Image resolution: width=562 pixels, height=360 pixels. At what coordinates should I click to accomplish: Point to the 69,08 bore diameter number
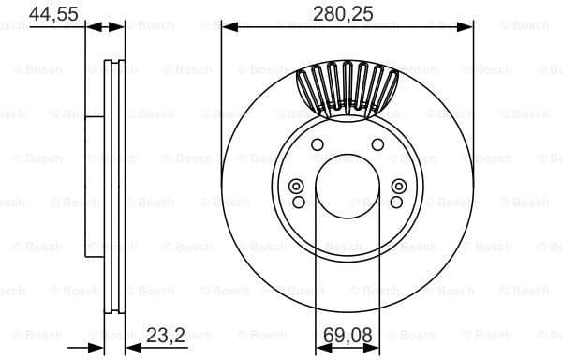[348, 333]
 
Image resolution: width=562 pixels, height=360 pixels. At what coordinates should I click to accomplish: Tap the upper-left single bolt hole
[318, 143]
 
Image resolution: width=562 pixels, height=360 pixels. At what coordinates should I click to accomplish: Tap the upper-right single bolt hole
[377, 143]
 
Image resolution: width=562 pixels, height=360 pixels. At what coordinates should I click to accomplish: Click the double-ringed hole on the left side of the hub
[297, 186]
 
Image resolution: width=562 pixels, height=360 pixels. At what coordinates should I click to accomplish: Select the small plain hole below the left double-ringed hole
[298, 202]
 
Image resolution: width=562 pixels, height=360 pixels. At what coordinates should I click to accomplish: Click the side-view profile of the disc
[111, 187]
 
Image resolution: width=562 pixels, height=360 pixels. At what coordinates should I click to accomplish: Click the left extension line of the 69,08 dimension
[315, 281]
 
